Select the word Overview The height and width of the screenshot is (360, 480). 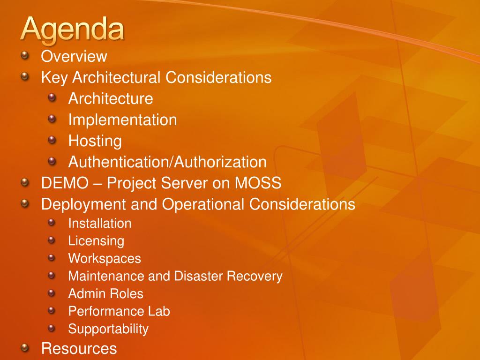click(x=74, y=56)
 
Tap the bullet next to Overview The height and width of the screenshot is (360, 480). click(x=25, y=55)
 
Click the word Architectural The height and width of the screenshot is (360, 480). click(x=116, y=77)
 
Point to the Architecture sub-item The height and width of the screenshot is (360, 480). click(x=111, y=98)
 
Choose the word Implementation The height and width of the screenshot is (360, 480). click(x=122, y=120)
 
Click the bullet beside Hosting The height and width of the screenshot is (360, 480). click(x=52, y=140)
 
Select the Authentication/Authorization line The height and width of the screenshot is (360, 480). click(x=167, y=162)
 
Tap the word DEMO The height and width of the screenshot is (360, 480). click(x=65, y=183)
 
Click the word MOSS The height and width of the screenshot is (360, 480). click(x=258, y=183)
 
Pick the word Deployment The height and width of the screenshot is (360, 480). click(x=83, y=204)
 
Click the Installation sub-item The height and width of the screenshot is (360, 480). click(x=100, y=223)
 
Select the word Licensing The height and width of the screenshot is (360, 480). click(x=96, y=241)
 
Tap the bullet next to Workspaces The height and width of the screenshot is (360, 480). click(x=52, y=257)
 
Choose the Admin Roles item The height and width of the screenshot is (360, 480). click(x=105, y=293)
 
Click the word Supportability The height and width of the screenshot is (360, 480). click(x=108, y=330)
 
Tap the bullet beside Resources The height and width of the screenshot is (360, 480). click(x=25, y=347)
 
